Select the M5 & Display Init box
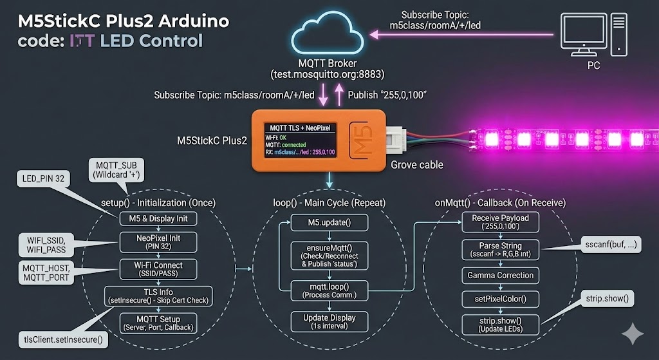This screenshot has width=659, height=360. coord(158,218)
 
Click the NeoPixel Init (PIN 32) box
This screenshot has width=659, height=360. coord(158,242)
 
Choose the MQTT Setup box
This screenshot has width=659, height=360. coord(158,323)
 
